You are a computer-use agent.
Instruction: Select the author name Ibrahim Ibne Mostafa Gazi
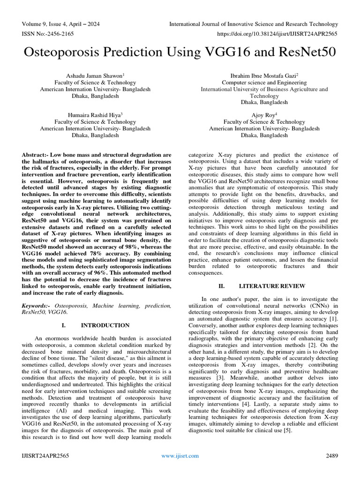[x=263, y=75]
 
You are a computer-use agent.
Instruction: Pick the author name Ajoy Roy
[x=263, y=114]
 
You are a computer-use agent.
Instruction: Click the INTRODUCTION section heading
[x=105, y=325]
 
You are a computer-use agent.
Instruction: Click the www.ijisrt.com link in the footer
[x=180, y=456]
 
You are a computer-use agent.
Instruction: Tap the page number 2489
[x=331, y=456]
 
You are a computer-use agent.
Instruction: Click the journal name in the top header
[x=253, y=24]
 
